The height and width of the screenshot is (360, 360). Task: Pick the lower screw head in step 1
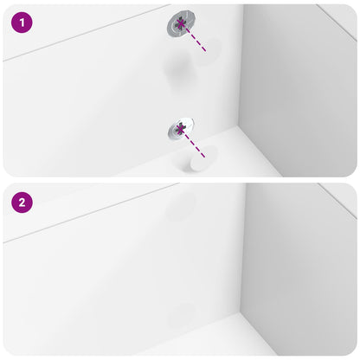click(x=181, y=130)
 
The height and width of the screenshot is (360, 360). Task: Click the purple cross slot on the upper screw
click(x=181, y=25)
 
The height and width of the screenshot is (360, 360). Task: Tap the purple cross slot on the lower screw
click(x=181, y=130)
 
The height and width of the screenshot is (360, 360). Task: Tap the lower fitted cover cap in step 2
click(x=182, y=312)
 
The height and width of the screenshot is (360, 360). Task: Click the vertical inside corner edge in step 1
click(x=242, y=69)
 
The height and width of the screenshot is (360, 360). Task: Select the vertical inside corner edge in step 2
click(x=242, y=251)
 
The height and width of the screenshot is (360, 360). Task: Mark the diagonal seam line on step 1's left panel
click(x=78, y=40)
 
